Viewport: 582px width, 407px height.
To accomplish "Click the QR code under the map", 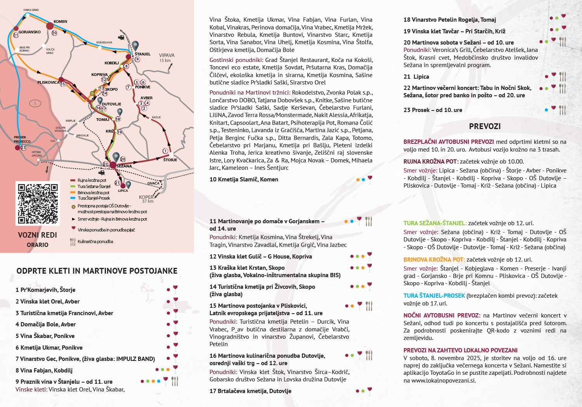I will point(38,203).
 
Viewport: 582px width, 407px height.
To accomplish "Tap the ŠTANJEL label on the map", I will point(142,54).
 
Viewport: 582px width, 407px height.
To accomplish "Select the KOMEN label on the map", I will point(61,22).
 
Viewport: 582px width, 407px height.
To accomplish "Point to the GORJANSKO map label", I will point(29,32).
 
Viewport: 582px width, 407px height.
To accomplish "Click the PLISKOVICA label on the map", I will point(48,83).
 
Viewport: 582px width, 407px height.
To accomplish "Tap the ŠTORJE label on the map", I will point(170,160).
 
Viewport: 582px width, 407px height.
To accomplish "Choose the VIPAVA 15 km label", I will point(166,57).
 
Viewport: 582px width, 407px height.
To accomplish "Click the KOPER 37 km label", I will point(146,199).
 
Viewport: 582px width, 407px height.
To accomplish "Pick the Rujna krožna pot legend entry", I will point(92,180).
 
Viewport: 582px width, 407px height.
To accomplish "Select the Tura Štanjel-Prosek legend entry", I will point(94,198).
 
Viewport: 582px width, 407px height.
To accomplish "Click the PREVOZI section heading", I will point(485,126).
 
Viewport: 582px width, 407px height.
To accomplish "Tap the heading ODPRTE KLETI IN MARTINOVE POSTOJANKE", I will point(97,271).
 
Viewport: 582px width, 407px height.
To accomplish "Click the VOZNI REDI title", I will point(37,235).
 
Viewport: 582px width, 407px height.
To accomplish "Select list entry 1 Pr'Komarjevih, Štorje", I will point(45,290).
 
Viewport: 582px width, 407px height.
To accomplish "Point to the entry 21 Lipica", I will point(416,77).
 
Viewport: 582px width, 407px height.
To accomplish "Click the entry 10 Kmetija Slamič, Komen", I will point(244,179).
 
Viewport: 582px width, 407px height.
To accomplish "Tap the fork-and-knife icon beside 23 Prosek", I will point(562,110).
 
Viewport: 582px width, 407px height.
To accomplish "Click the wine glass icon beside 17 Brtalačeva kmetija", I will point(369,390).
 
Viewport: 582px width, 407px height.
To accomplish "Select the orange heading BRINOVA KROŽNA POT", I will point(434,260).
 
